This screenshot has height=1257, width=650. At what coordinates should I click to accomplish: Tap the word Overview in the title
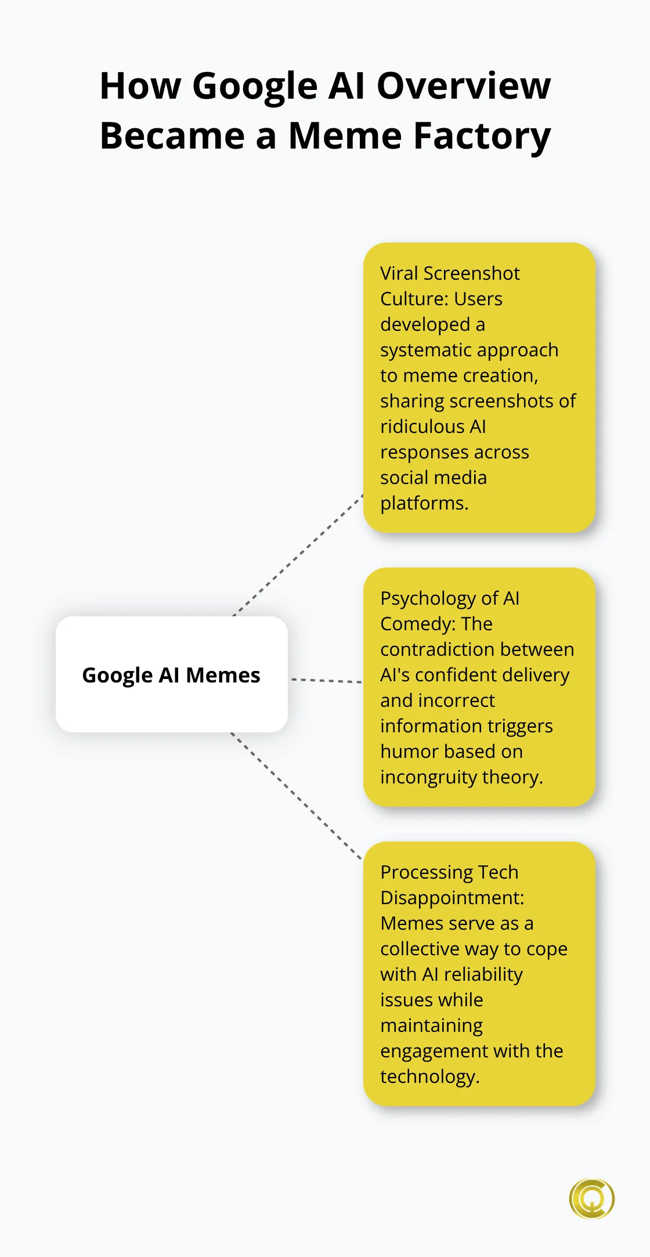click(x=464, y=86)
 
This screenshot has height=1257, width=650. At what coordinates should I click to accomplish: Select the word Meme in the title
click(x=345, y=136)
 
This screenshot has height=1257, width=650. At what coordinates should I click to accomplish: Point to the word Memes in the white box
click(x=223, y=675)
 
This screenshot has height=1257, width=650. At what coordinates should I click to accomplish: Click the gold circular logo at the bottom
click(x=591, y=1198)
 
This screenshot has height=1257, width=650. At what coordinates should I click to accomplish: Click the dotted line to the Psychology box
click(x=326, y=680)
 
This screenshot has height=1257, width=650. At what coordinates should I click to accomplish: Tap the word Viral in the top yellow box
click(x=399, y=273)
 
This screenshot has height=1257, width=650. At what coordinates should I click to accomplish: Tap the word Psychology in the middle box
click(x=427, y=599)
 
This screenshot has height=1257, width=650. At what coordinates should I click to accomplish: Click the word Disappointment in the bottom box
click(x=452, y=898)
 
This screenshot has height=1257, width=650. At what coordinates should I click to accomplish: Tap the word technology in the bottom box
click(x=429, y=1077)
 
